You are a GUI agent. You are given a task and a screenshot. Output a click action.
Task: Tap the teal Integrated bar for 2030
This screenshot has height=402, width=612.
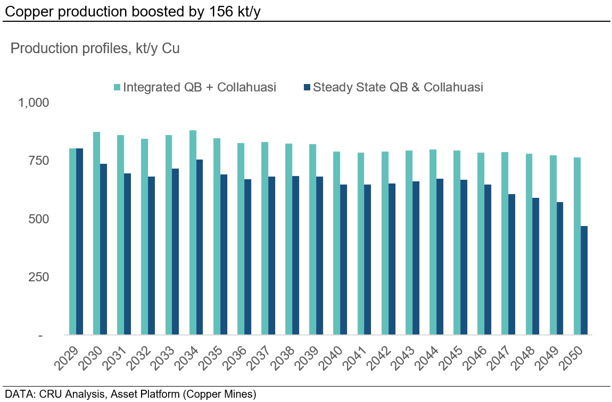(x=97, y=233)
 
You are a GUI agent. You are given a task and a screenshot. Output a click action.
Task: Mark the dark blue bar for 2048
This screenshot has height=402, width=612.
(x=536, y=266)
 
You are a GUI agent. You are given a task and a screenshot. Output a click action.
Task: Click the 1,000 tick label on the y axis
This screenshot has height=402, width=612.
(x=34, y=103)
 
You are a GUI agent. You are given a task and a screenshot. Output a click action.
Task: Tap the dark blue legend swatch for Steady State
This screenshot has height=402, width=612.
(x=307, y=88)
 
